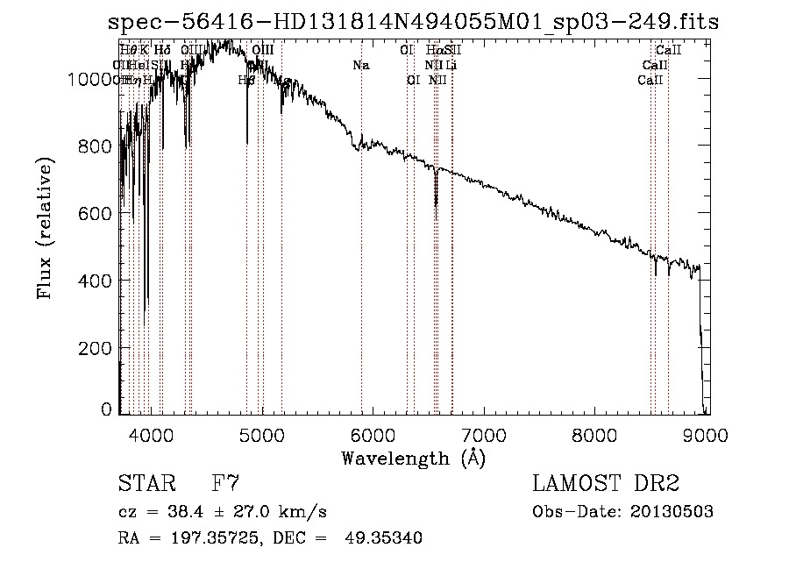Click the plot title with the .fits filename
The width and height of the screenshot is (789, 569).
pos(413,22)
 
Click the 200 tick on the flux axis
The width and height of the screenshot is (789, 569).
pos(99,347)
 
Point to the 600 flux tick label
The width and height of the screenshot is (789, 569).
pos(99,213)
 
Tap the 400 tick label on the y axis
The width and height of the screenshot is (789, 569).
pos(99,281)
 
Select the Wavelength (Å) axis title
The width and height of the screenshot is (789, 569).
pos(413,458)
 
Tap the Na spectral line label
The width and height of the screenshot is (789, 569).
pos(361,65)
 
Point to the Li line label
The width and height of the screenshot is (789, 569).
pos(451,65)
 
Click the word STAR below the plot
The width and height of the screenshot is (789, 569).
pos(140,483)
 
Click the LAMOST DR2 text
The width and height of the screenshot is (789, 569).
pos(605,483)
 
